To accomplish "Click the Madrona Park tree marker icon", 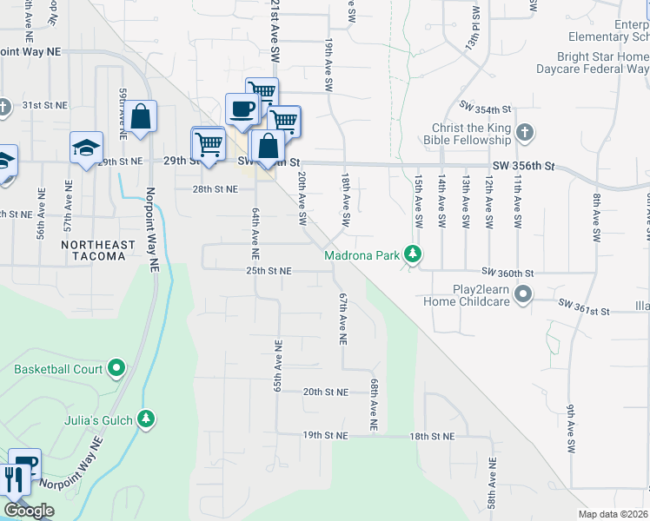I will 415,255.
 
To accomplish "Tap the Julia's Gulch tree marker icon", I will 147,421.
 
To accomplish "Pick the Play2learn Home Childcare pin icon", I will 522,295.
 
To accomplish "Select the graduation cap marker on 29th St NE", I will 86,148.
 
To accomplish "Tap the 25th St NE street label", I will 266,272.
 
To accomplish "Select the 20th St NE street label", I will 325,392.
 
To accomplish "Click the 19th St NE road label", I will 325,434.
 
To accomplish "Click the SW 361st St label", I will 586,307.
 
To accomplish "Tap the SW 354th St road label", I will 487,110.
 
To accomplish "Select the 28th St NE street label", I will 215,188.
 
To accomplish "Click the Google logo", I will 29,511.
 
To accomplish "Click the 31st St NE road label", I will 44,105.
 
